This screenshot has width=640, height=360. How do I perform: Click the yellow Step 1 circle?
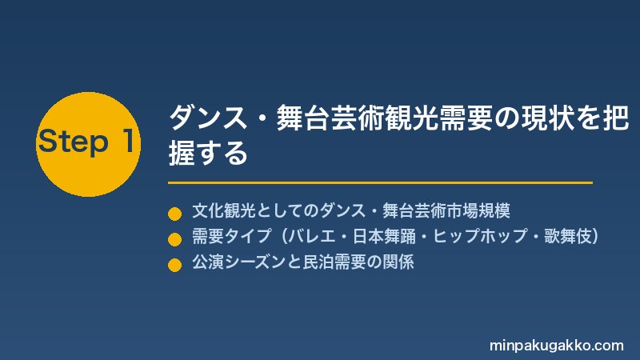[88, 144]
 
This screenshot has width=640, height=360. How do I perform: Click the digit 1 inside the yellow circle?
[128, 142]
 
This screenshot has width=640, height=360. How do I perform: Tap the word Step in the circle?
[74, 142]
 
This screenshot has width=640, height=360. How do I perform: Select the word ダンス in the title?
[208, 118]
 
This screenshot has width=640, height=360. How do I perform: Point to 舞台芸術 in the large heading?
[330, 118]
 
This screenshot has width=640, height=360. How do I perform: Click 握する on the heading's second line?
[208, 153]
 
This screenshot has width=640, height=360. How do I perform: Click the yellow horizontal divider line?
[380, 182]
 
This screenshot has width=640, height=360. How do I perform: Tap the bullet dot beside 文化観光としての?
[174, 214]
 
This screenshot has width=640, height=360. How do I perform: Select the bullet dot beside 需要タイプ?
[174, 239]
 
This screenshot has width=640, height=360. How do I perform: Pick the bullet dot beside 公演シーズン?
[174, 265]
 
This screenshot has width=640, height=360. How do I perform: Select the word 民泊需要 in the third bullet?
[334, 262]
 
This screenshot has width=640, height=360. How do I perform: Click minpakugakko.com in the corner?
[556, 346]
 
